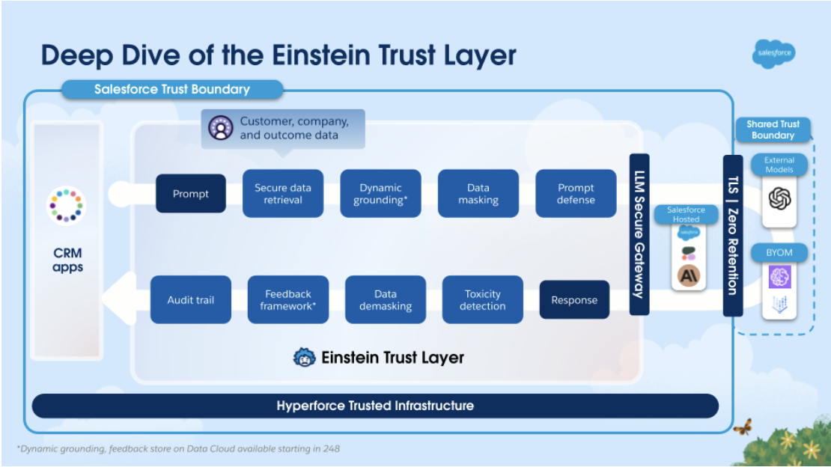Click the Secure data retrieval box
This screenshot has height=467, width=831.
tap(283, 194)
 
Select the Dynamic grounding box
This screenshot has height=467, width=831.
tap(380, 194)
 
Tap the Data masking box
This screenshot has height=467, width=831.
tap(478, 194)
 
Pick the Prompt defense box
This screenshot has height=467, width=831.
tap(576, 194)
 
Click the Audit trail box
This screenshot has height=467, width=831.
tap(191, 299)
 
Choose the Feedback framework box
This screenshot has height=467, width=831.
tap(288, 299)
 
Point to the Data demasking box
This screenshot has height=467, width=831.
tap(386, 299)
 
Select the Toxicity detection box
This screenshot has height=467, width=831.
tap(483, 299)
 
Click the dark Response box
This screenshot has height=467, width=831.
tap(574, 299)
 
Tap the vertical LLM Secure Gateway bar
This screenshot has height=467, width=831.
tap(639, 234)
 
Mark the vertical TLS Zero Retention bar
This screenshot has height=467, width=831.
tap(733, 235)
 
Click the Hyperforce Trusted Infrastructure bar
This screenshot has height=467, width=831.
tap(375, 406)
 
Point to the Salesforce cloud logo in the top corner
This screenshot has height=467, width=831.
tap(774, 54)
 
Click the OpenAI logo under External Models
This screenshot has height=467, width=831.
tap(779, 199)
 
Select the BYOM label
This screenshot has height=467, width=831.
tap(779, 253)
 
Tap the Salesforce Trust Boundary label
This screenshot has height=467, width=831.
tap(172, 89)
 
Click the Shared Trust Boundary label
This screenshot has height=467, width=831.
tap(773, 129)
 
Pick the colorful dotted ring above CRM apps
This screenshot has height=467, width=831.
tap(66, 206)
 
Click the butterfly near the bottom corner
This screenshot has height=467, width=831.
tap(743, 427)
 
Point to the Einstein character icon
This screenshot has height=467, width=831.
tap(304, 357)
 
